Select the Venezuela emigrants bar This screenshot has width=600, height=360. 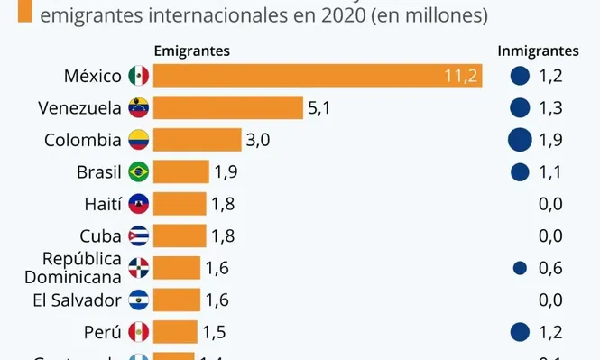click(228, 108)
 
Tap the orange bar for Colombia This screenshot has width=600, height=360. click(198, 140)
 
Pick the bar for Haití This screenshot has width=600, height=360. click(180, 204)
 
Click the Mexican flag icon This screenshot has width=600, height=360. click(139, 77)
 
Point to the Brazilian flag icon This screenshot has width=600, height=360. click(139, 171)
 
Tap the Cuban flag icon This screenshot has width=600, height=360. click(139, 235)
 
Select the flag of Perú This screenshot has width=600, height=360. click(139, 331)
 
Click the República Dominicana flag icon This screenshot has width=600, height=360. click(139, 267)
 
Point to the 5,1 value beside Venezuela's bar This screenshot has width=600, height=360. click(320, 108)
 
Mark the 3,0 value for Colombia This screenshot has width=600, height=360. click(258, 140)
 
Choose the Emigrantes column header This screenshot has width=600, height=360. click(191, 51)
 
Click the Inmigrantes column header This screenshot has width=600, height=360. click(538, 51)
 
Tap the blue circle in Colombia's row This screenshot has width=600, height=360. click(519, 140)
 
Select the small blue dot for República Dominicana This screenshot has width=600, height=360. click(519, 267)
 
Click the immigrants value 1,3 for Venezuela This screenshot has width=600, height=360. click(550, 108)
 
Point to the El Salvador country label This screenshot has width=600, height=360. click(76, 299)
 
